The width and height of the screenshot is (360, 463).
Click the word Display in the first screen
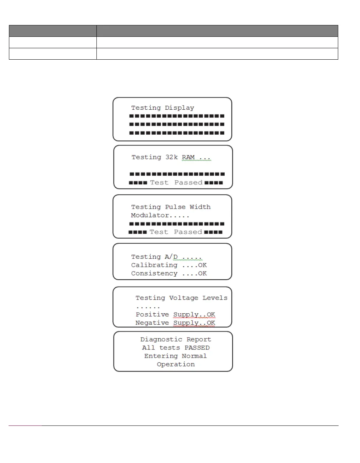tap(179, 108)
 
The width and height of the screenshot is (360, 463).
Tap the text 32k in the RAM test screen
tap(171, 157)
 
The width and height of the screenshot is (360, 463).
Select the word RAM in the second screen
tap(188, 157)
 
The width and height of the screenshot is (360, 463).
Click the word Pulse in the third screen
tap(175, 207)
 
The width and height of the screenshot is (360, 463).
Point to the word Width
tap(200, 207)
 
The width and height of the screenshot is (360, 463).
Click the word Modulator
tap(150, 215)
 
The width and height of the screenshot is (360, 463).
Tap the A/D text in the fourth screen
tap(171, 257)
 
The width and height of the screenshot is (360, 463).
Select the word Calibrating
tap(154, 265)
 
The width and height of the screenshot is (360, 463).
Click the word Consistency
tap(154, 274)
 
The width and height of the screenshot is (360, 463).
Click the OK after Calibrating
tap(202, 265)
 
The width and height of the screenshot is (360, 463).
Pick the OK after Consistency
tap(202, 274)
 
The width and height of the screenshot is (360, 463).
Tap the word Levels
tap(215, 298)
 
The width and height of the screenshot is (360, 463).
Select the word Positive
tap(152, 315)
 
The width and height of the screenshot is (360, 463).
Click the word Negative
tap(152, 323)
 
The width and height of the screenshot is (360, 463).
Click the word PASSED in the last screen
tap(197, 348)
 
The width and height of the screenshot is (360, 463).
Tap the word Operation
tap(176, 364)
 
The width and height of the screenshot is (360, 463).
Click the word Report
tap(199, 339)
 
